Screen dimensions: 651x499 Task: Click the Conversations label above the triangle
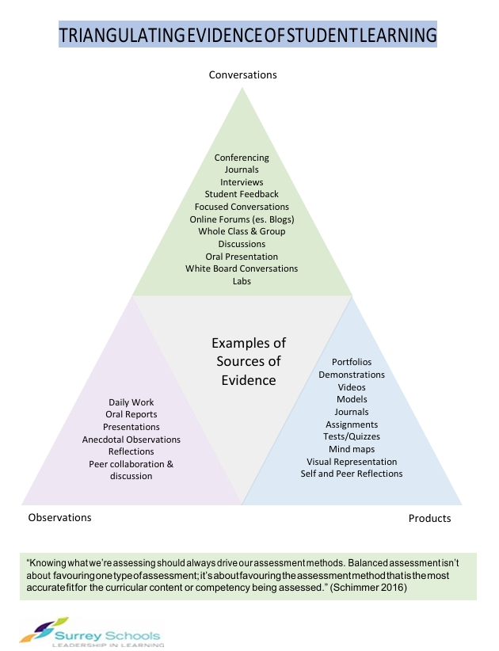coord(242,75)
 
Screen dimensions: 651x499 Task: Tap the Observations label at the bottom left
coord(59,517)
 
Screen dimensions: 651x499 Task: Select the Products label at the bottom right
coord(429,518)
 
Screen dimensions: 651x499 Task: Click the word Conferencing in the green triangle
coord(242,158)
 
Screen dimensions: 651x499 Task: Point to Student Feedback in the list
coord(242,194)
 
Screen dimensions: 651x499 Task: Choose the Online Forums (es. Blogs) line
coord(242,219)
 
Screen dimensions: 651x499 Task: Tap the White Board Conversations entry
coord(242,268)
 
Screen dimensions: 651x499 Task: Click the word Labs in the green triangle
coord(242,281)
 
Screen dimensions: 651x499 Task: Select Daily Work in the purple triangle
coord(131,402)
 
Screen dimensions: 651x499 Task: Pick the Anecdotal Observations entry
coord(131,440)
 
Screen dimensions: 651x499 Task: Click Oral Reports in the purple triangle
coord(131,414)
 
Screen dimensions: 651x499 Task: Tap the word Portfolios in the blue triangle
coord(352,362)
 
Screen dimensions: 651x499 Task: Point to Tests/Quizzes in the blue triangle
coord(352,436)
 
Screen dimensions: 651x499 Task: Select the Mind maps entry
coord(352,449)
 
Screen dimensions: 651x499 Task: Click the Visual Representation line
coord(352,462)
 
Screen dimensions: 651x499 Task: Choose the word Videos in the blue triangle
coord(352,387)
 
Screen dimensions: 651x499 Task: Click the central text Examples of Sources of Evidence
coord(249,362)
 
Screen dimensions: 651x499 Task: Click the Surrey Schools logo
coord(90,634)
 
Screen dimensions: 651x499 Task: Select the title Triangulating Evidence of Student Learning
coord(248,36)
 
